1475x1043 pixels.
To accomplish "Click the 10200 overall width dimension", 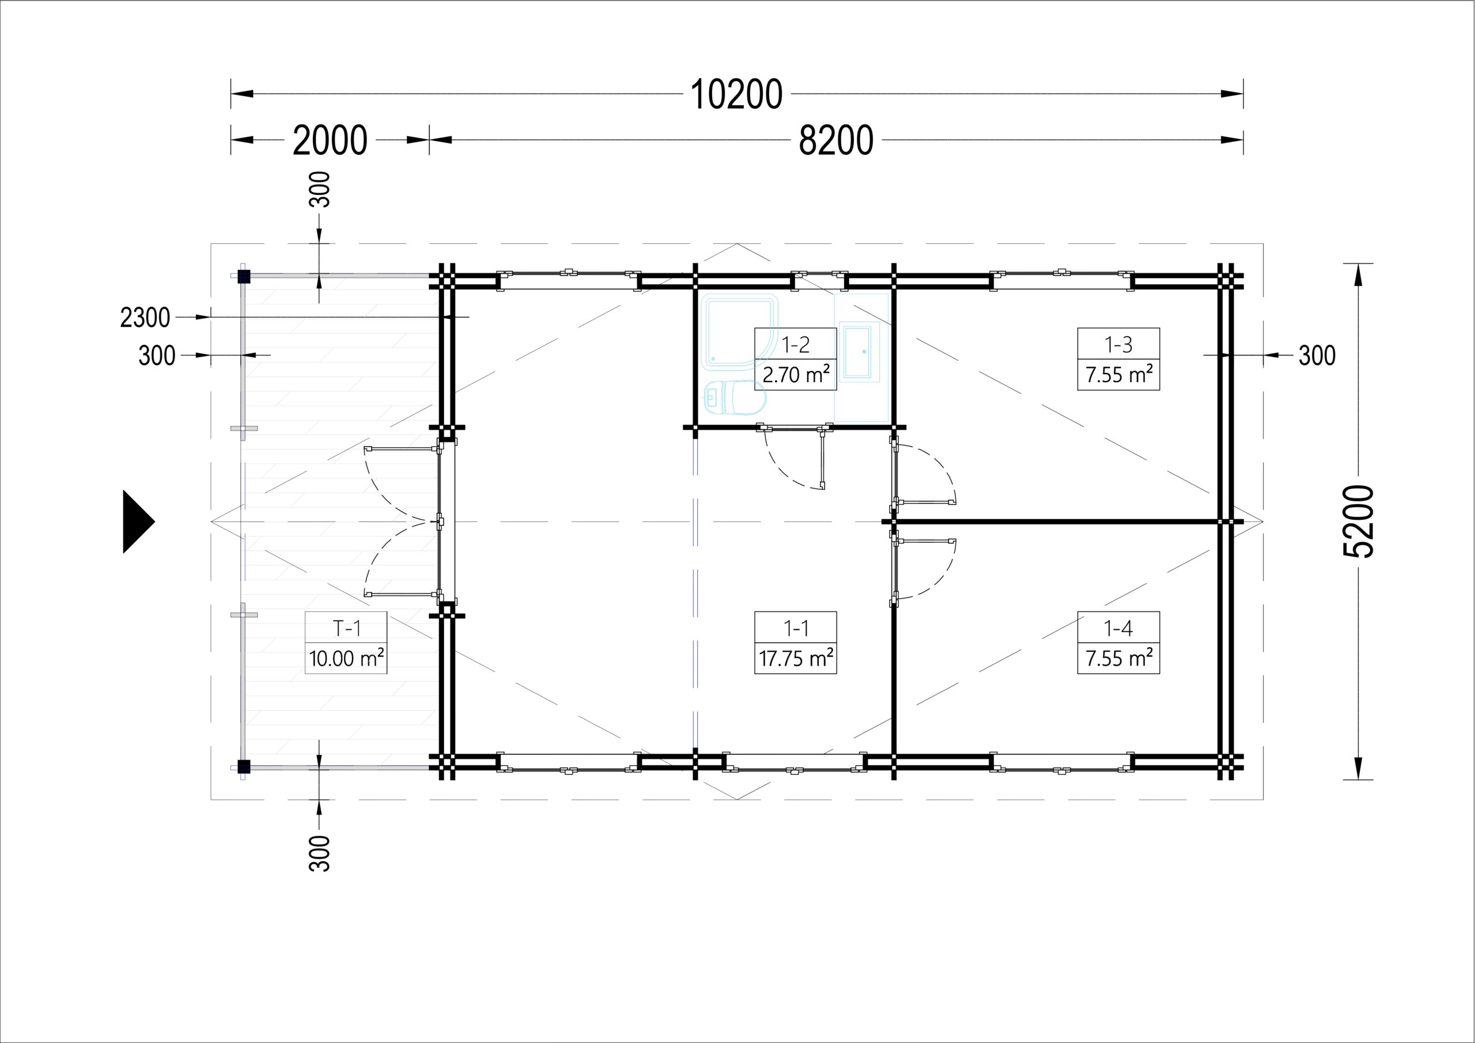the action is tap(736, 95).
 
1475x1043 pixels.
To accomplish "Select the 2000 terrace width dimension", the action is tap(330, 140).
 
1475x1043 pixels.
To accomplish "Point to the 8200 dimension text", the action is tap(836, 140).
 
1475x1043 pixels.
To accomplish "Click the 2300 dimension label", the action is tap(145, 318).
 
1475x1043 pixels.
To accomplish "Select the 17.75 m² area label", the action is tap(796, 658).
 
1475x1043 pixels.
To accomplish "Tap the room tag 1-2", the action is tap(796, 345).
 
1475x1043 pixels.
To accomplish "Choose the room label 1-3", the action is tap(1118, 345).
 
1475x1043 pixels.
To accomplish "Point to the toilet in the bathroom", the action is tap(734, 398).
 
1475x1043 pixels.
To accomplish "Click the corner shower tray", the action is tap(739, 331).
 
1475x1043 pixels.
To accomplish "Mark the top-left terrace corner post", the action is tap(244, 277).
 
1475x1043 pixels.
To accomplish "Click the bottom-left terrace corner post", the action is tap(244, 766).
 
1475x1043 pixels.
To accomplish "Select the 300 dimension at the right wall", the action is tap(1317, 356).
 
